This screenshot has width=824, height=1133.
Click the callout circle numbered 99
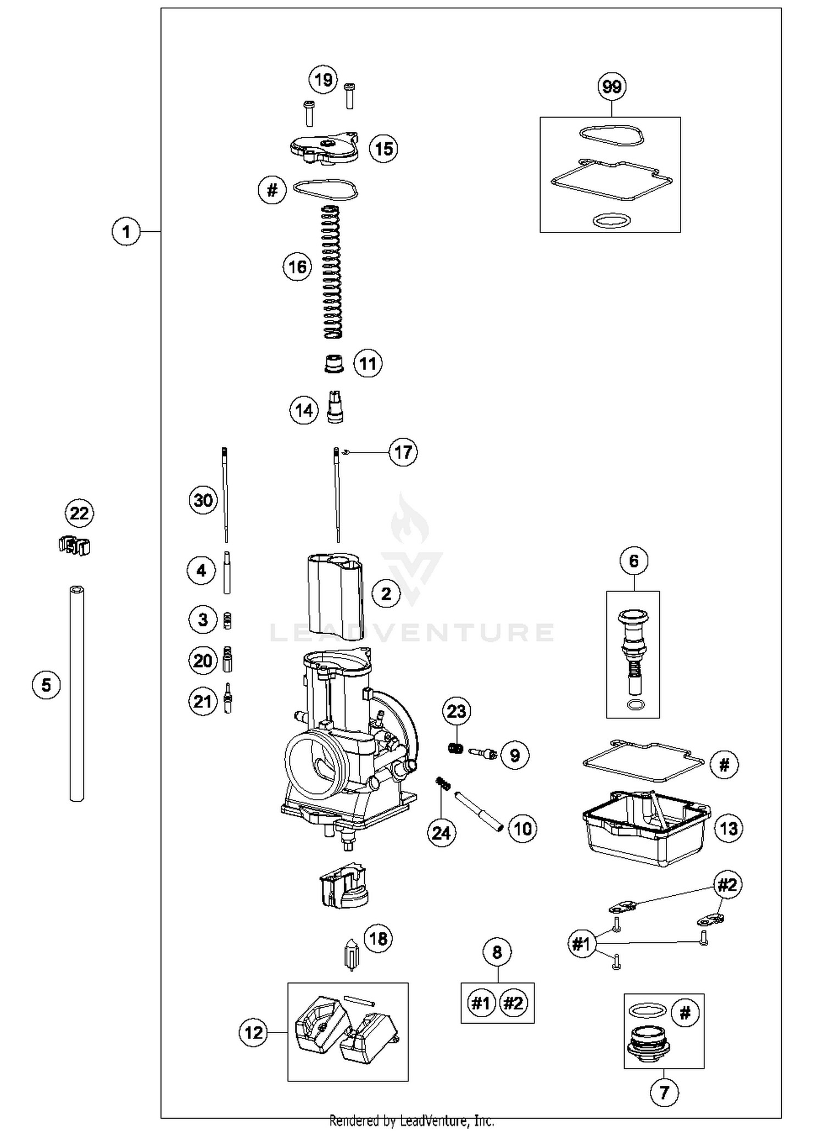click(611, 87)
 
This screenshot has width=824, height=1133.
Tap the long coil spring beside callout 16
click(331, 272)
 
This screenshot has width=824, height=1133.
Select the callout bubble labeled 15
click(383, 149)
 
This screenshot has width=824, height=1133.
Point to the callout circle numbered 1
click(126, 231)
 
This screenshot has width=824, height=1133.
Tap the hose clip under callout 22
click(74, 545)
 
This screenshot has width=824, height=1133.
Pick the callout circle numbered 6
click(634, 561)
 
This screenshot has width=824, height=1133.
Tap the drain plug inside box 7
click(649, 1041)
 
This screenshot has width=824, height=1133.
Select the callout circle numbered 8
click(497, 952)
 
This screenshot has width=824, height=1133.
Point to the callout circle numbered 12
click(253, 1033)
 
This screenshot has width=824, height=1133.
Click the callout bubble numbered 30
click(203, 500)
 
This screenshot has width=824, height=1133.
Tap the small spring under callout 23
click(455, 748)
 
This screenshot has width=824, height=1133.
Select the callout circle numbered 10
click(522, 828)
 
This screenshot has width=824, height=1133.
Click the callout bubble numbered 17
click(403, 453)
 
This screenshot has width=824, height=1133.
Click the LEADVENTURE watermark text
click(412, 633)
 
